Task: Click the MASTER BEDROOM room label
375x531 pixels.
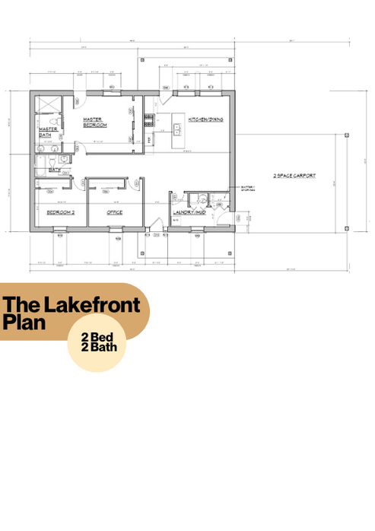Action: pyautogui.click(x=95, y=122)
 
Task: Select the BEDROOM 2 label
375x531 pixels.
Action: pyautogui.click(x=60, y=211)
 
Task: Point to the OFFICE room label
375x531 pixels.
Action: pyautogui.click(x=114, y=211)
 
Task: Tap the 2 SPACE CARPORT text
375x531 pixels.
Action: pyautogui.click(x=294, y=176)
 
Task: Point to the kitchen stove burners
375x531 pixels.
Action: pyautogui.click(x=150, y=119)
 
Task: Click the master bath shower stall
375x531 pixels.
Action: pyautogui.click(x=48, y=106)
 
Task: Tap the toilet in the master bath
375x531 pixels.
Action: pyautogui.click(x=49, y=163)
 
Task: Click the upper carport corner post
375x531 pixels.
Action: pyautogui.click(x=346, y=134)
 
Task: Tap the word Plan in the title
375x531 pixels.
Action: pyautogui.click(x=24, y=322)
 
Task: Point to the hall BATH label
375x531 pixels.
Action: pyautogui.click(x=55, y=170)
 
